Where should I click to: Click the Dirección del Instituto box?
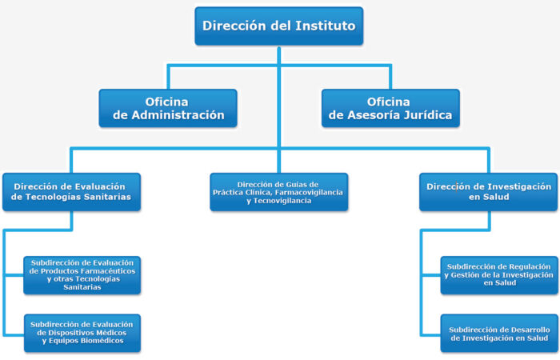click(x=279, y=26)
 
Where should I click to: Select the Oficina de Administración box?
click(x=168, y=108)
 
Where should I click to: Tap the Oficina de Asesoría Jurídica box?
click(x=390, y=108)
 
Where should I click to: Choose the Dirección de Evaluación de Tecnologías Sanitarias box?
click(x=71, y=192)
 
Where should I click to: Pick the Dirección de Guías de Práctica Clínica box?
click(x=279, y=192)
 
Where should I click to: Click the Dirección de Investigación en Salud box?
click(x=488, y=192)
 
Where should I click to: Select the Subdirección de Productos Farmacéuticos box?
click(x=82, y=275)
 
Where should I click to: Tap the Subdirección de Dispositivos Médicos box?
click(x=82, y=333)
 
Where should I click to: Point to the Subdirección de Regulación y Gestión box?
click(x=499, y=275)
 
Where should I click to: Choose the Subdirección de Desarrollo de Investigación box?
click(x=499, y=333)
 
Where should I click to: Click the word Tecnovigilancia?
click(x=282, y=201)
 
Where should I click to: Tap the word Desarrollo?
click(x=532, y=330)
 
